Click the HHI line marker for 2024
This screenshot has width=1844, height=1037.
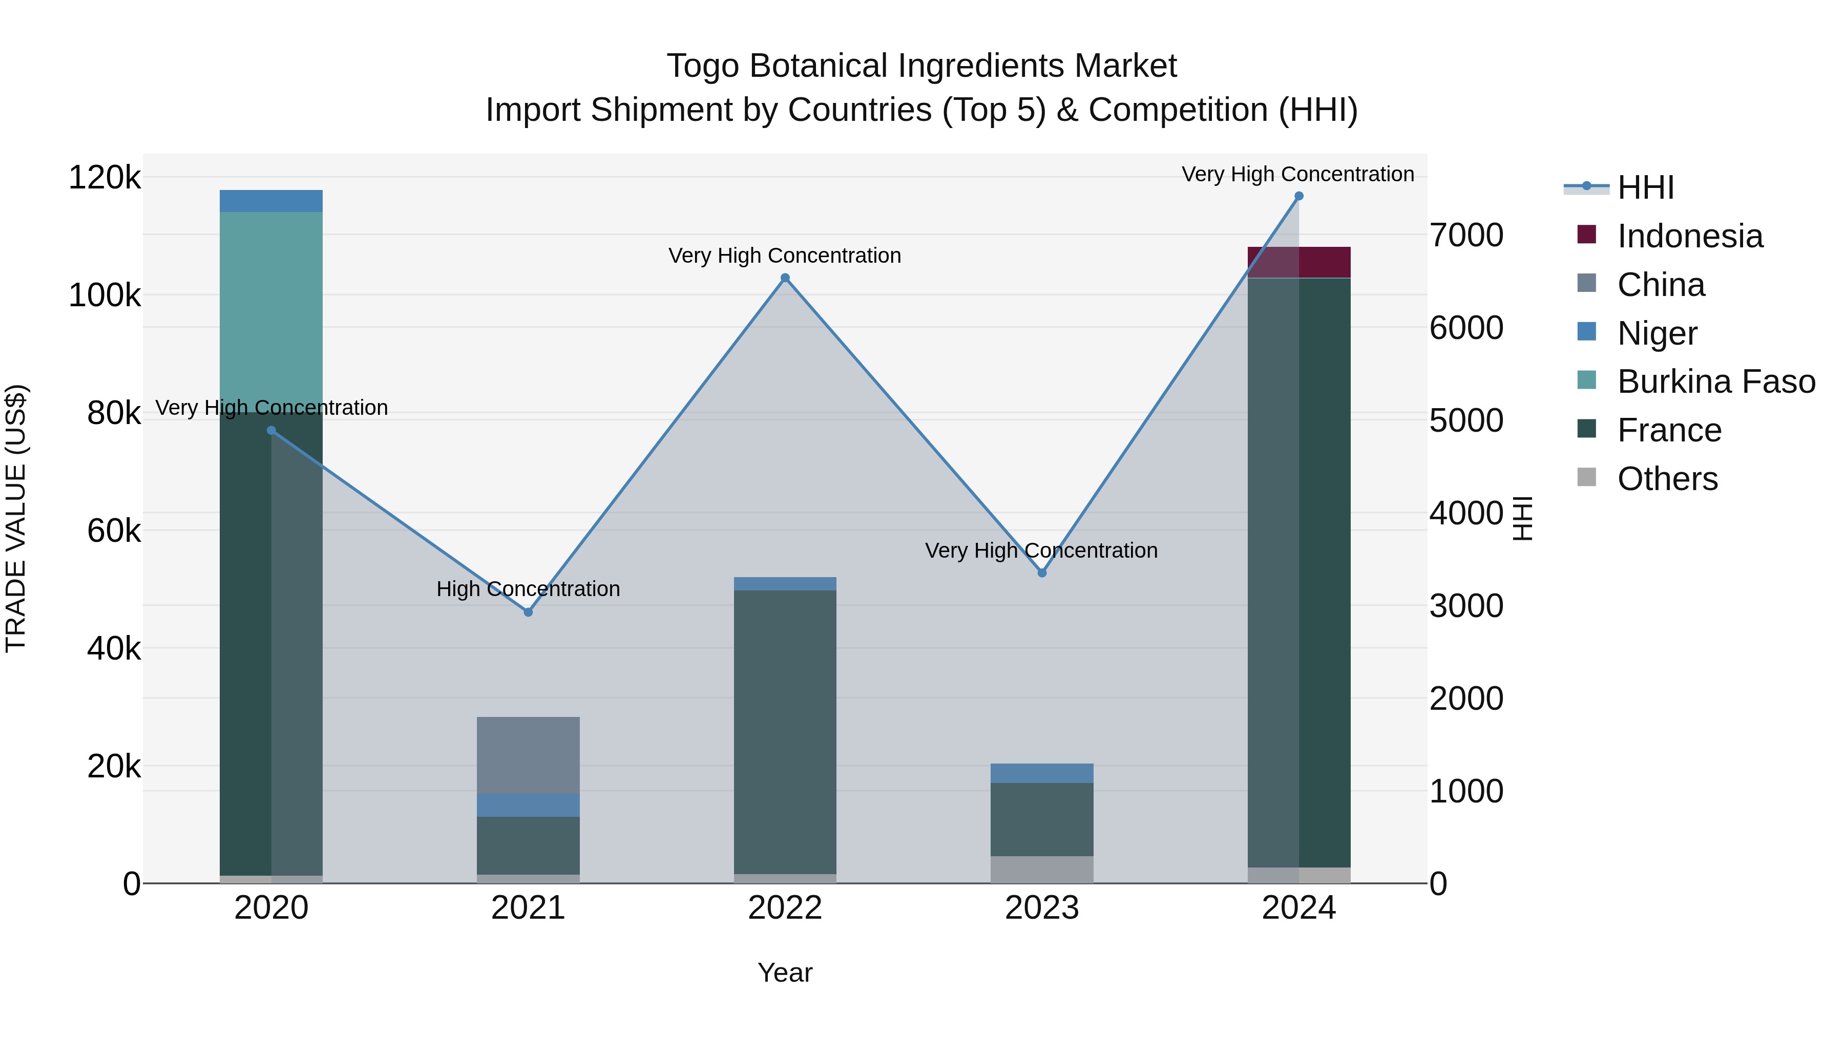(1298, 196)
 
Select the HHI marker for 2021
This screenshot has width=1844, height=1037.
(528, 612)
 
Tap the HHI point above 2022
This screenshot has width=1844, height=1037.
(785, 278)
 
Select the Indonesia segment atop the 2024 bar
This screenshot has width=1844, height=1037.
(1298, 262)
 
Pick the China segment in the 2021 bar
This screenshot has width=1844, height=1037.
(528, 755)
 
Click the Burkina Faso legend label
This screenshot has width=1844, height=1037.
(1716, 382)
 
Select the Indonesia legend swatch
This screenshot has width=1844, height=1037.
(1586, 235)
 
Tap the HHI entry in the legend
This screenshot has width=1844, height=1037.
(1645, 187)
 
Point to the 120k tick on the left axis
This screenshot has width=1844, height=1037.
(104, 178)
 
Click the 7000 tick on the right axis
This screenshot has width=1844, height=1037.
(1466, 236)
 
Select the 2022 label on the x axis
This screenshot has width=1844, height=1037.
(785, 908)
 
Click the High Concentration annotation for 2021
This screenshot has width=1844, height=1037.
(528, 589)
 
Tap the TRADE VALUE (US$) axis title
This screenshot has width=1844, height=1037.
(16, 518)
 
